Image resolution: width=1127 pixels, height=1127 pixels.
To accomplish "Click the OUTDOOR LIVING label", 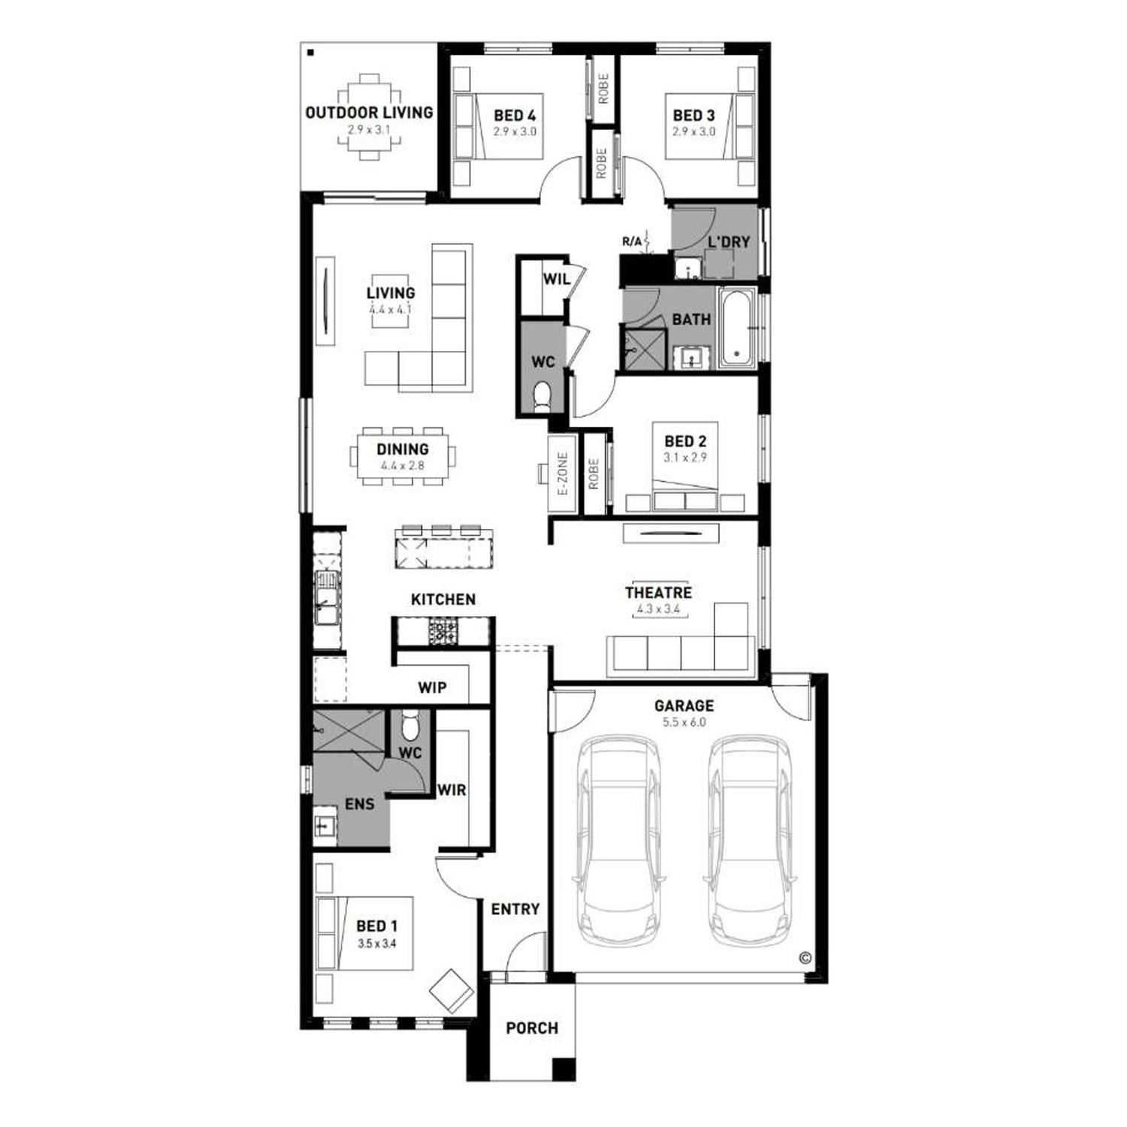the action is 369,113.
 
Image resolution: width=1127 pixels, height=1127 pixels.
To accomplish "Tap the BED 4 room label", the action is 515,116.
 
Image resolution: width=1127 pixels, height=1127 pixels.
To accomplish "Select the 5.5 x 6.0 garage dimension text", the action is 684,722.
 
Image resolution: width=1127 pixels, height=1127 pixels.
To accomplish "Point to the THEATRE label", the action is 658,593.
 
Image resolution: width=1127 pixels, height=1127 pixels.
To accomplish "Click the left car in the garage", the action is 619,842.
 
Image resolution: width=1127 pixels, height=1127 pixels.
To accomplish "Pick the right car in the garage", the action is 749,842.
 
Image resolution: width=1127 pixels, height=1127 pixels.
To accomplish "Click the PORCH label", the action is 532,1028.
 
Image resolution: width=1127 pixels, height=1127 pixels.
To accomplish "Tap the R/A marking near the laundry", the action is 632,241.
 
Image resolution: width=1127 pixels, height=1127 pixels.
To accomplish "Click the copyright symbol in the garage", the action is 805,958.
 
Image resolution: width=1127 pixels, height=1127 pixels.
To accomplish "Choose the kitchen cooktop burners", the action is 442,630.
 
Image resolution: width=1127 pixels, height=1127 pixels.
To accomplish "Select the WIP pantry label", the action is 432,687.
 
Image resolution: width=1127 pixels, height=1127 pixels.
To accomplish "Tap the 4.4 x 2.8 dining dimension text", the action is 402,466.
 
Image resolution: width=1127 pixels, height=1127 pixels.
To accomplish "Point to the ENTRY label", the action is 515,909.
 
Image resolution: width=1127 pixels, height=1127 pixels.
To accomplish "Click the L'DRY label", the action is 730,242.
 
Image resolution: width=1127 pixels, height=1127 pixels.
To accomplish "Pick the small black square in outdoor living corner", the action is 310,52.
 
